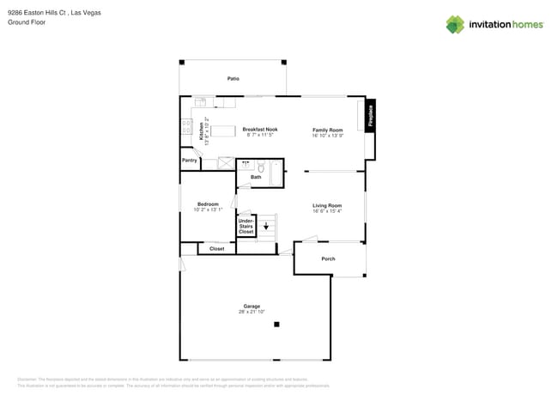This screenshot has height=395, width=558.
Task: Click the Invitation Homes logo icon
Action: point(455,25)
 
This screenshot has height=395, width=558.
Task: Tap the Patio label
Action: point(233,78)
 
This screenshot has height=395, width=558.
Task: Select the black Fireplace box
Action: point(371,116)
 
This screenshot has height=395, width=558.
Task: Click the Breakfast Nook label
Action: point(259,129)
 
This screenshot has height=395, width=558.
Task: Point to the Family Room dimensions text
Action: point(327,136)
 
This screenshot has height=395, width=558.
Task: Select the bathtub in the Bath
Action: point(276,173)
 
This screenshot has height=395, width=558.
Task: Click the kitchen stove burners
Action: point(186,127)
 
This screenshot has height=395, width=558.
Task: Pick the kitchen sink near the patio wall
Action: point(200,102)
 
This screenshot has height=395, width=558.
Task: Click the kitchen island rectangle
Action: point(223,131)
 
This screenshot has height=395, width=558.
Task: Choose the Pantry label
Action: point(190,161)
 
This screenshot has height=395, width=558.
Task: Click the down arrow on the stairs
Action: point(266,226)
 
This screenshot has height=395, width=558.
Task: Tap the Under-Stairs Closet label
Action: point(246,226)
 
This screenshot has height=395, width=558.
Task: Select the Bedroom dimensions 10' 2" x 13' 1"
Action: point(208,210)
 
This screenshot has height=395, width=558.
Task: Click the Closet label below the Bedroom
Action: point(217,249)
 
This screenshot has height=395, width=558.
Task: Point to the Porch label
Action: point(328,258)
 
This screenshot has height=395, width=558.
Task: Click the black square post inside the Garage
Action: point(276,324)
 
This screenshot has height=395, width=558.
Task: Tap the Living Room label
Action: point(326,205)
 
